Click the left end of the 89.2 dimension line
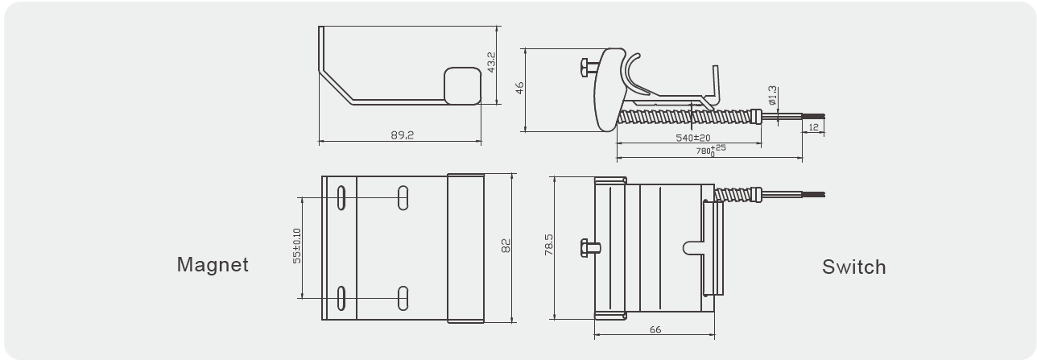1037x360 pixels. point(319,141)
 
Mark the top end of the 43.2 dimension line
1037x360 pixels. point(498,27)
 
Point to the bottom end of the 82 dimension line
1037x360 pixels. point(512,322)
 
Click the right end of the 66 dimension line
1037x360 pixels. point(715,335)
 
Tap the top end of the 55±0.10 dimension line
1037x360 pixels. point(302,198)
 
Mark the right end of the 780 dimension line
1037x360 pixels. point(803,158)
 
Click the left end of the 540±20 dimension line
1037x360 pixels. point(617,143)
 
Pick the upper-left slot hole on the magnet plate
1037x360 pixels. point(341,198)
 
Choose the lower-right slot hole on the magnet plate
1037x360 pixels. point(403,298)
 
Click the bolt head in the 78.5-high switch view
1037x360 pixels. point(585,248)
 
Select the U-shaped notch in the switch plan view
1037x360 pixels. point(693,248)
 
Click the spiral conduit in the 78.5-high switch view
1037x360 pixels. point(737,193)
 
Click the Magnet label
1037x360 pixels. point(213,264)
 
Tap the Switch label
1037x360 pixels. point(853,267)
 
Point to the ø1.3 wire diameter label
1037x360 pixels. point(772,95)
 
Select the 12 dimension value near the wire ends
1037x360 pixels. point(813,127)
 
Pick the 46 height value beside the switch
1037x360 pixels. point(520,88)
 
